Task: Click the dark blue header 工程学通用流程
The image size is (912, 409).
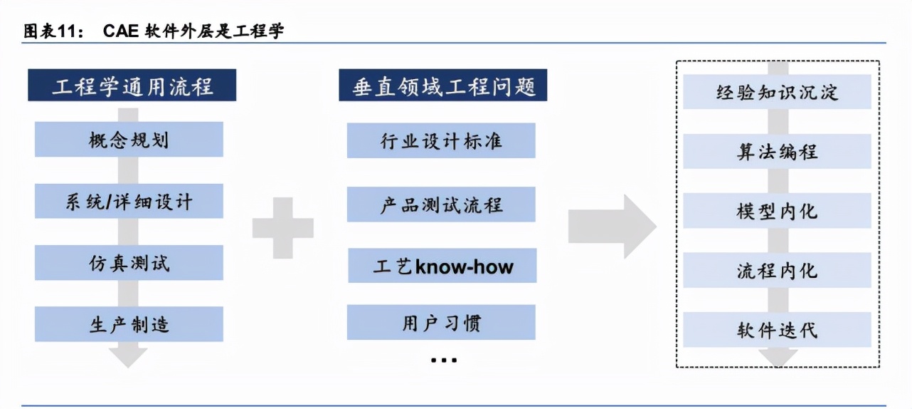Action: (x=132, y=85)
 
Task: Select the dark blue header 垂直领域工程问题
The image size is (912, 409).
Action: (x=443, y=85)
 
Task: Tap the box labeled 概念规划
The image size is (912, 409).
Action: (x=129, y=140)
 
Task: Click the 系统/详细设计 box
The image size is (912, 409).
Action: (x=129, y=201)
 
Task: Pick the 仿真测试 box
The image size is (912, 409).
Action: (x=129, y=263)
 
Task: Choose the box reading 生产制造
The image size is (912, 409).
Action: (x=129, y=324)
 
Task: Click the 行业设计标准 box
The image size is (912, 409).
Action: (x=441, y=140)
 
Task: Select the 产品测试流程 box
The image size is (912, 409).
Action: (x=441, y=204)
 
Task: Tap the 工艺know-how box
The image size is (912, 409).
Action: (x=442, y=266)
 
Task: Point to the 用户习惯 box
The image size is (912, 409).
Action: (x=441, y=323)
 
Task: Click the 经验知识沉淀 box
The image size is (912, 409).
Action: (x=778, y=92)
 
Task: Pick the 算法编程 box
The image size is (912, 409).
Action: (x=778, y=151)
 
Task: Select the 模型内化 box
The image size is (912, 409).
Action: (x=778, y=211)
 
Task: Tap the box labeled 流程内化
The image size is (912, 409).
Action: (x=778, y=270)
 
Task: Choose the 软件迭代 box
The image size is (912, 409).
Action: (x=778, y=330)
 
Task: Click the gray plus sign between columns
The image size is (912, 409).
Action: (x=283, y=228)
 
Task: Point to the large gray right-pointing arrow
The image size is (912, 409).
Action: (x=613, y=227)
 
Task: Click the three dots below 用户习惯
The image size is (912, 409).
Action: (x=444, y=360)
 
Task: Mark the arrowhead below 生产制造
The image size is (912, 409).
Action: (x=128, y=358)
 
